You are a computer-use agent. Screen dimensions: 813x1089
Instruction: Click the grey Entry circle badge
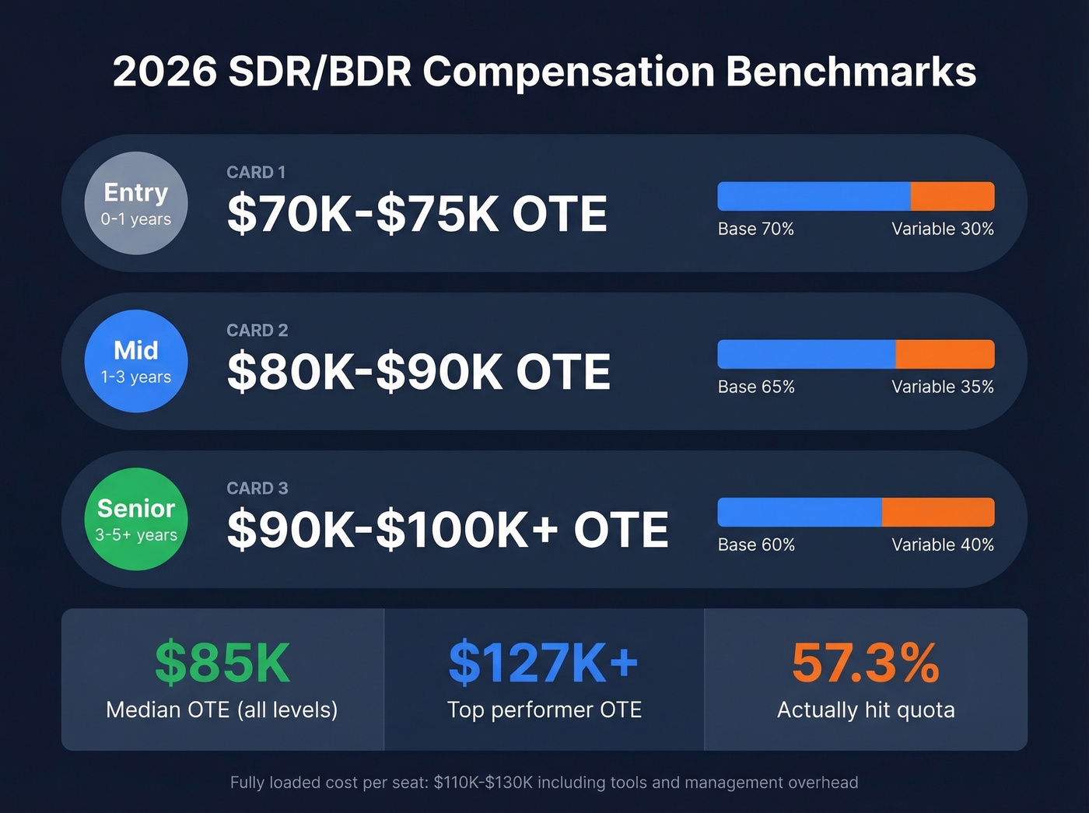coord(136,203)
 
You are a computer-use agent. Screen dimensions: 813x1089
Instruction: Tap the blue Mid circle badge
coord(136,361)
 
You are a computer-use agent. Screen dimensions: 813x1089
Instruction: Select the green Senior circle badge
coord(136,519)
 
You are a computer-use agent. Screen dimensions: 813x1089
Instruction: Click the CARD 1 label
coord(256,173)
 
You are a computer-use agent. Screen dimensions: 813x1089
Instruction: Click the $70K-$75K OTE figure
coord(417,214)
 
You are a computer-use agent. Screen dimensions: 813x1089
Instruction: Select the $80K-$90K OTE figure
coord(418,372)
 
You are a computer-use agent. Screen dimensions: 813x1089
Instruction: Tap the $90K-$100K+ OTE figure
coord(447,530)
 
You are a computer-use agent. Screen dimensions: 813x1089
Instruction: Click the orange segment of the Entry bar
coord(952,197)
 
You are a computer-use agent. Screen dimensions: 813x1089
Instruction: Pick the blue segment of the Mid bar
coord(806,355)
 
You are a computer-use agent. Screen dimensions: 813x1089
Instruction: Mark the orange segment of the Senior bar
coord(938,513)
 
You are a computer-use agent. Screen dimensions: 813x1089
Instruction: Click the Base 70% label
coord(755,230)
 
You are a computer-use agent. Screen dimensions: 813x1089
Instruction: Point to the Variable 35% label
coord(942,387)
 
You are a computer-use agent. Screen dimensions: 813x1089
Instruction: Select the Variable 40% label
coord(942,545)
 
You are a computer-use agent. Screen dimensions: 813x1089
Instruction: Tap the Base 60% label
coord(755,545)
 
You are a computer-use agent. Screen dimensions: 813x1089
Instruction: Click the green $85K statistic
coord(222,663)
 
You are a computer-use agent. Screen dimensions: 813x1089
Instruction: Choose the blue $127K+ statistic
coord(544,663)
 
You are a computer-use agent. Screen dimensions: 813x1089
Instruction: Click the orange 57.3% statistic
coord(865,663)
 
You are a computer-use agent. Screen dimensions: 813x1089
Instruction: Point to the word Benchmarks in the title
coord(851,72)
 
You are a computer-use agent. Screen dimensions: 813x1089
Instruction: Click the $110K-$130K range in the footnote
coord(483,783)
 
